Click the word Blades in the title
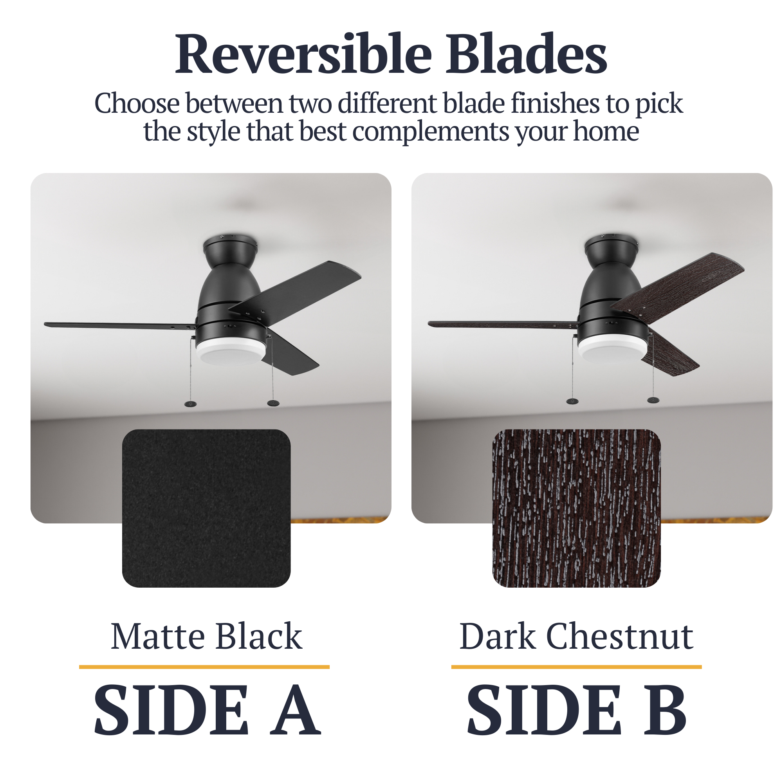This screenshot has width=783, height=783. pos(527,54)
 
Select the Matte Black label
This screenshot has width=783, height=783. pos(206,637)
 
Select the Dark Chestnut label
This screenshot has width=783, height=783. pos(576,637)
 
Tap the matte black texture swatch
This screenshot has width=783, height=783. pos(206,508)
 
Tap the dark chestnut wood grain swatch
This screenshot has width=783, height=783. pos(576,508)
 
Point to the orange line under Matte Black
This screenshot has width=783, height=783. pos(204,667)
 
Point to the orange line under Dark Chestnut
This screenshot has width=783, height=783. pos(576,667)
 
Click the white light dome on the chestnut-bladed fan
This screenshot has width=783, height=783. pos(612,350)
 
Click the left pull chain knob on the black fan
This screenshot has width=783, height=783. pos(191,404)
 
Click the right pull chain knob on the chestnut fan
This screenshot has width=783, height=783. pos(653,401)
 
